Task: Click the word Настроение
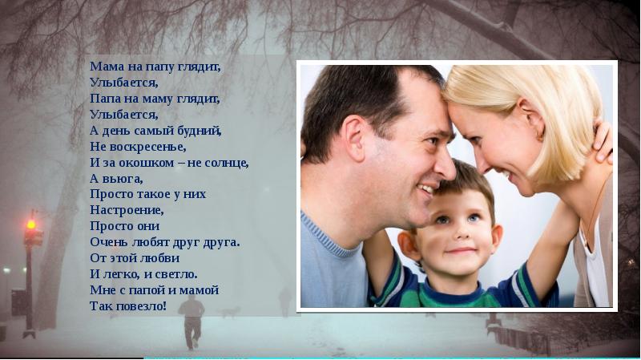point(127,210)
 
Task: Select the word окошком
point(150,163)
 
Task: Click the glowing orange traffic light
point(31,224)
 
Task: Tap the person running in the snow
point(191,321)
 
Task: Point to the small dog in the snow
point(230,311)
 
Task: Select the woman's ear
point(532,119)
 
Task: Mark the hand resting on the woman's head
point(603,141)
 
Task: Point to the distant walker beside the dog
point(285,301)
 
